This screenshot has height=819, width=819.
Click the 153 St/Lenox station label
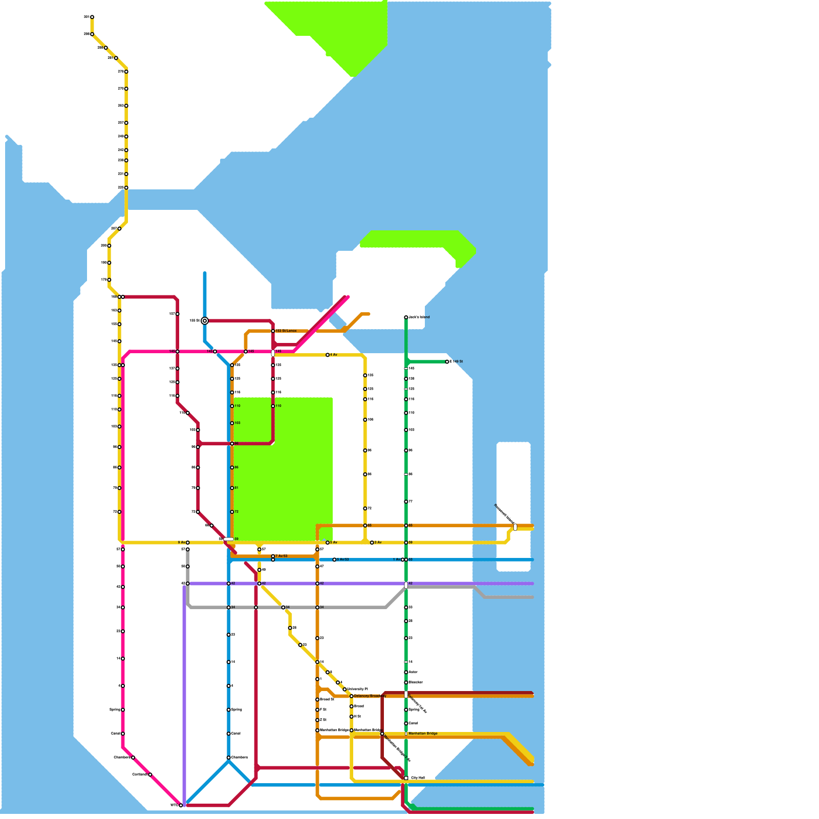coord(286,331)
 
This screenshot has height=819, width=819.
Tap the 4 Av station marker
coord(328,355)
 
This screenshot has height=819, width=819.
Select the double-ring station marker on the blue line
coord(205,321)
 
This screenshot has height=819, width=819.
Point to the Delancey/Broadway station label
coord(370,696)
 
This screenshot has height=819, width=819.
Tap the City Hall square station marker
coord(406,778)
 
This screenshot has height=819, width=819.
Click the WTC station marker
coord(181,805)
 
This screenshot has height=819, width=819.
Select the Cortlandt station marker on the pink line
coord(150,774)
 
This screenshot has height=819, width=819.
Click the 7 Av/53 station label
coord(282,556)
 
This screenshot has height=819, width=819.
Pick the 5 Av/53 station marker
coord(334,559)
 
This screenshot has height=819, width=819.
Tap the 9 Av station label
coord(181,543)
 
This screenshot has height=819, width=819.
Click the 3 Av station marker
coord(372,543)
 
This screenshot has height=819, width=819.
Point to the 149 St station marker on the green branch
coord(447,362)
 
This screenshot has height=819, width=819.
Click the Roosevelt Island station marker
coord(515,527)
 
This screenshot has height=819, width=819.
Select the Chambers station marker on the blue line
coord(229,758)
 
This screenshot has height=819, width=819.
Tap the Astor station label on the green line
coord(413,672)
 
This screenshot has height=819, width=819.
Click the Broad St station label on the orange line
coord(327,699)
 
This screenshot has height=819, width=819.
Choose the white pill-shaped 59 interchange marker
coord(228,539)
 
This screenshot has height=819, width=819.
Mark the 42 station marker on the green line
coord(406,585)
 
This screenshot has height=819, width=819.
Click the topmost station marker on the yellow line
coord(92,17)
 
